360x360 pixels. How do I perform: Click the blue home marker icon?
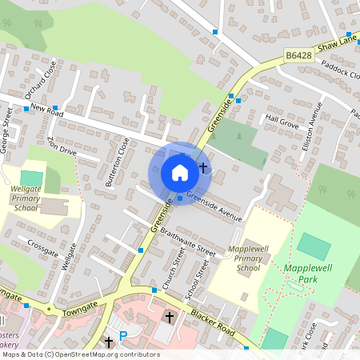pyautogui.click(x=180, y=173)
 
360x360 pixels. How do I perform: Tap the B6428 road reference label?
pyautogui.click(x=298, y=55)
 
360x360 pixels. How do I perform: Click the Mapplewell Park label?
pyautogui.click(x=302, y=274)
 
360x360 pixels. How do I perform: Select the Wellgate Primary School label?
pyautogui.click(x=26, y=197)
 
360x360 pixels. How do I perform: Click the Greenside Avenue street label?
pyautogui.click(x=214, y=206)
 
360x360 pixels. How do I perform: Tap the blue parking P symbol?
pyautogui.click(x=123, y=336)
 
